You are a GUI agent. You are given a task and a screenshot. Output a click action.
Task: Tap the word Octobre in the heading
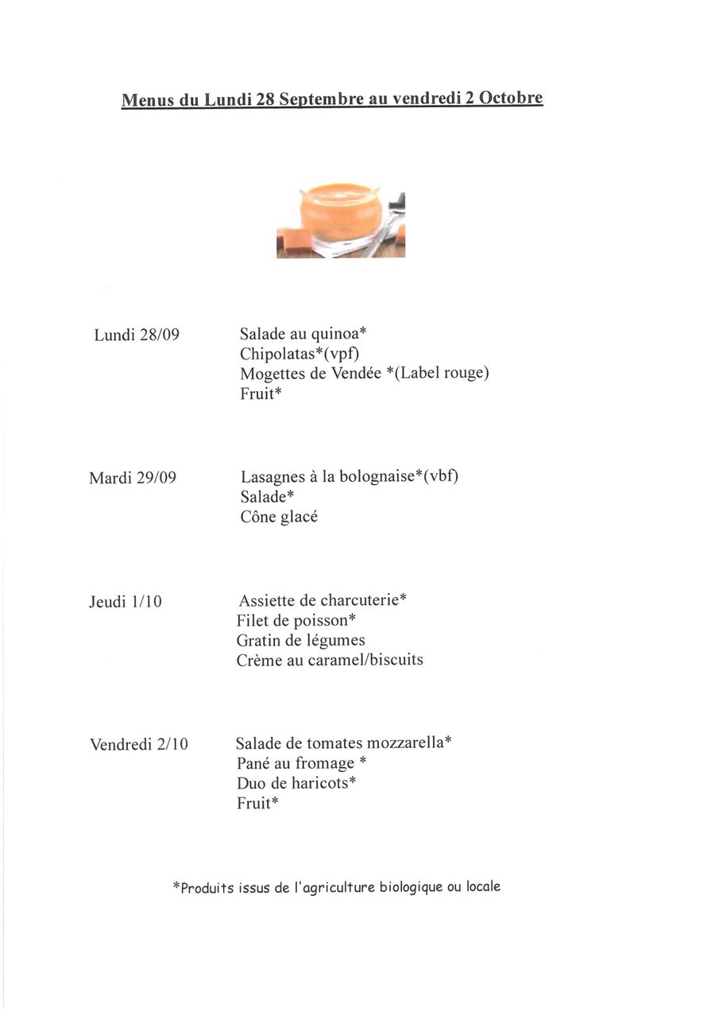[x=511, y=98]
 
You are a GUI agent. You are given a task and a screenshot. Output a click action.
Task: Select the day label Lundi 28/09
[x=137, y=335]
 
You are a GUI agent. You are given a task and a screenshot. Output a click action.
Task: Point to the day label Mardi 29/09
[x=133, y=478]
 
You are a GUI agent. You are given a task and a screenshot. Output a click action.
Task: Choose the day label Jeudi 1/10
[x=126, y=602]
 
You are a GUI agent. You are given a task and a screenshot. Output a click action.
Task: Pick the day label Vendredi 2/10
[x=139, y=744]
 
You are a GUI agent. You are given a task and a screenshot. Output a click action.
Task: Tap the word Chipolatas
[x=277, y=354]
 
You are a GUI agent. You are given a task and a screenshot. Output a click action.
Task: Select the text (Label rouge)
[x=442, y=373]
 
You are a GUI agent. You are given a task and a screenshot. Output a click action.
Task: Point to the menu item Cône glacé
[x=279, y=517]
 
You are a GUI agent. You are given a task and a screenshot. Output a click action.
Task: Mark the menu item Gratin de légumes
[x=300, y=640]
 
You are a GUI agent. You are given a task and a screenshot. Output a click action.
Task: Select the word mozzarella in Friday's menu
[x=406, y=743]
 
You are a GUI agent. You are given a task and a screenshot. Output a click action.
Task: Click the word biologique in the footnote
[x=411, y=887]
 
